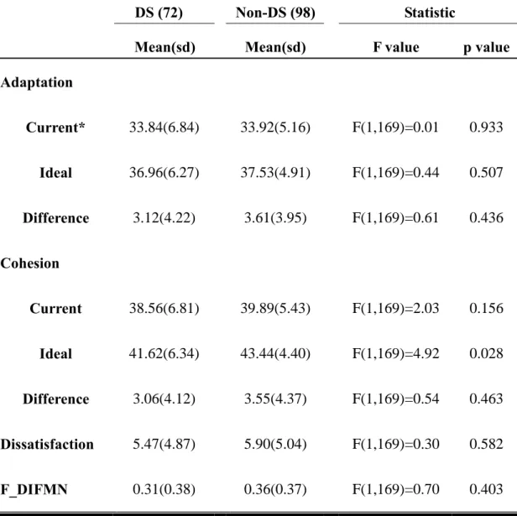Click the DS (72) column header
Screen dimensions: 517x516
pyautogui.click(x=159, y=13)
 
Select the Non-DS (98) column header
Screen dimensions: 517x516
pyautogui.click(x=275, y=13)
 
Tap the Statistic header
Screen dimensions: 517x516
pyautogui.click(x=430, y=13)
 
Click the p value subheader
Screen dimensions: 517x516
pyautogui.click(x=486, y=48)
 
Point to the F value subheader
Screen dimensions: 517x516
pyautogui.click(x=396, y=47)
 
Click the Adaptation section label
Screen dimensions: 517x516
pyautogui.click(x=36, y=82)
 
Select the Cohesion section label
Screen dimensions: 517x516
pyautogui.click(x=29, y=263)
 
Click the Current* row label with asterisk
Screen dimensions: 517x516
pyautogui.click(x=55, y=128)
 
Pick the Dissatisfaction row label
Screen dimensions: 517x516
pyautogui.click(x=47, y=444)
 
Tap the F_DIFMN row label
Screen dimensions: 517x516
pyautogui.click(x=34, y=490)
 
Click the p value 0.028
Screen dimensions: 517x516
pyautogui.click(x=486, y=353)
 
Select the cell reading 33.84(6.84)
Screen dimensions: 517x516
pyautogui.click(x=164, y=128)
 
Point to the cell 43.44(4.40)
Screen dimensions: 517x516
pyautogui.click(x=275, y=353)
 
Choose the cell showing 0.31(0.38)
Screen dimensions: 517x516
pyautogui.click(x=164, y=489)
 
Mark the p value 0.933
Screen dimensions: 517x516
pyautogui.click(x=486, y=128)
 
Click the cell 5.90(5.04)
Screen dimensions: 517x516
pyautogui.click(x=275, y=444)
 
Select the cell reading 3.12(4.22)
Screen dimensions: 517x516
pyautogui.click(x=164, y=218)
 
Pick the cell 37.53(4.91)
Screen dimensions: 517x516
pyautogui.click(x=275, y=173)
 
